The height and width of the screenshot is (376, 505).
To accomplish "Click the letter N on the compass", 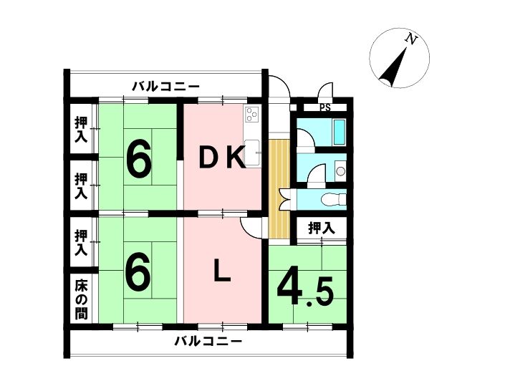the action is [411, 39].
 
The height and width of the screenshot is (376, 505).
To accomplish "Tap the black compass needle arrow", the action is [393, 67].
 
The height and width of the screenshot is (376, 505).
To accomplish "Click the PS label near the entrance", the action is [325, 108].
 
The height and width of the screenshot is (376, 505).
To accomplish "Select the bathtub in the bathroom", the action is [339, 132].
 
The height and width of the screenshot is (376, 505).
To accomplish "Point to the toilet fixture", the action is [333, 199].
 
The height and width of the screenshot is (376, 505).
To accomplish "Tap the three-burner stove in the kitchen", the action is [251, 115].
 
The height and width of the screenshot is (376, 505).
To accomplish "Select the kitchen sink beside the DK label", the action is [252, 153].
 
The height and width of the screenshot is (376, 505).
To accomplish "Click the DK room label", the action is [223, 157].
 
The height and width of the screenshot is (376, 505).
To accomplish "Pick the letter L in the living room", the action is [222, 271].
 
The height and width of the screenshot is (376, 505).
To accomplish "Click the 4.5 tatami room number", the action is [305, 289].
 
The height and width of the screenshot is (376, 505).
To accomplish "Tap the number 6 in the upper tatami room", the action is [138, 160].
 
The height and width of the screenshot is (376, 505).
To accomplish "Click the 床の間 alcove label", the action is [81, 300].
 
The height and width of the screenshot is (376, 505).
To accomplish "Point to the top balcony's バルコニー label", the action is [166, 87].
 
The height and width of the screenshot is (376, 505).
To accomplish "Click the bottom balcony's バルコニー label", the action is [208, 341].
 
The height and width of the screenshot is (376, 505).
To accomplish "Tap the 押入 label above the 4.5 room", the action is [322, 228].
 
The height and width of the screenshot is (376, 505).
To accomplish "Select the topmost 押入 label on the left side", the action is [81, 130].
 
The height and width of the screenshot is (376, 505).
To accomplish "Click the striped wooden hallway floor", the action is [279, 189].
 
